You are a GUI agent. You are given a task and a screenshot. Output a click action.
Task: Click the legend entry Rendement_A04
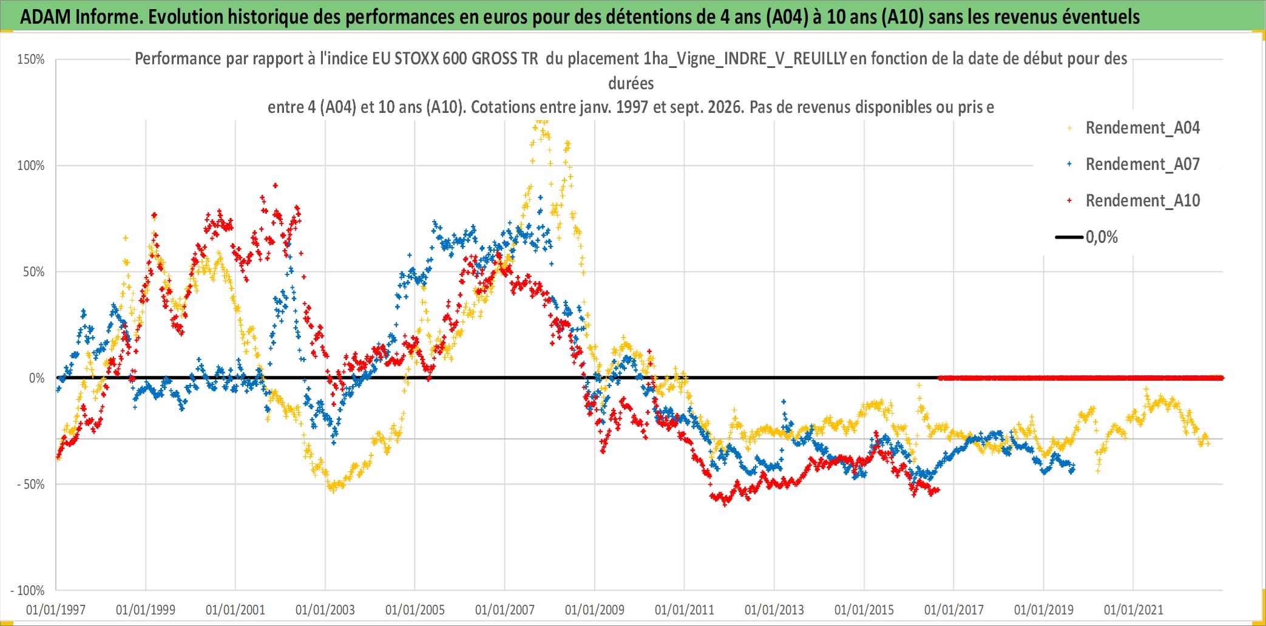[1142, 128]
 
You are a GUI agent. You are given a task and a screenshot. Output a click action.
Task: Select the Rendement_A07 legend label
[1142, 165]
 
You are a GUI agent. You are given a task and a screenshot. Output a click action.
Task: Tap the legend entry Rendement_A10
[1142, 201]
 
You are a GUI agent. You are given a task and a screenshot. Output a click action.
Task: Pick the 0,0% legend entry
[1102, 237]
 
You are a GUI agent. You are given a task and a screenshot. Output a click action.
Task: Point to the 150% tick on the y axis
[31, 60]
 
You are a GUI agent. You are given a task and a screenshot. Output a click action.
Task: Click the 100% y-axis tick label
[31, 166]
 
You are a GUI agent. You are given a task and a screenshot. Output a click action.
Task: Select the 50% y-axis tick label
[34, 272]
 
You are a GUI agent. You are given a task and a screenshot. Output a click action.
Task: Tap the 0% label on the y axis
[37, 378]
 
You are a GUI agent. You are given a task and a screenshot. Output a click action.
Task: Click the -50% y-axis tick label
[31, 485]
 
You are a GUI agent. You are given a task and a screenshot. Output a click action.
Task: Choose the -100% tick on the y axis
[28, 591]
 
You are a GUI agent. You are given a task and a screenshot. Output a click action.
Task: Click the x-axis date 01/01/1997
[56, 610]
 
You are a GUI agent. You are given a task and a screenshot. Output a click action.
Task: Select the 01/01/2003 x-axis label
[325, 610]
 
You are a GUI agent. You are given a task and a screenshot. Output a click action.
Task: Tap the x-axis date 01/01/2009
[595, 610]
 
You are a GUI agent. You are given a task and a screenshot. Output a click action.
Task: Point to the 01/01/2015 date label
[864, 610]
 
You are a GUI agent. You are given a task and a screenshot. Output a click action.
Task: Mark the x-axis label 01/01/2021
[1134, 610]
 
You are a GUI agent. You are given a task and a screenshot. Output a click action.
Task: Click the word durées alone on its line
[631, 83]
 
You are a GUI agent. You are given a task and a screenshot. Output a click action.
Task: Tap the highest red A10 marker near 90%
[276, 186]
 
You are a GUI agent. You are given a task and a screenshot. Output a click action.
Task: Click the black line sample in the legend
[1069, 237]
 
